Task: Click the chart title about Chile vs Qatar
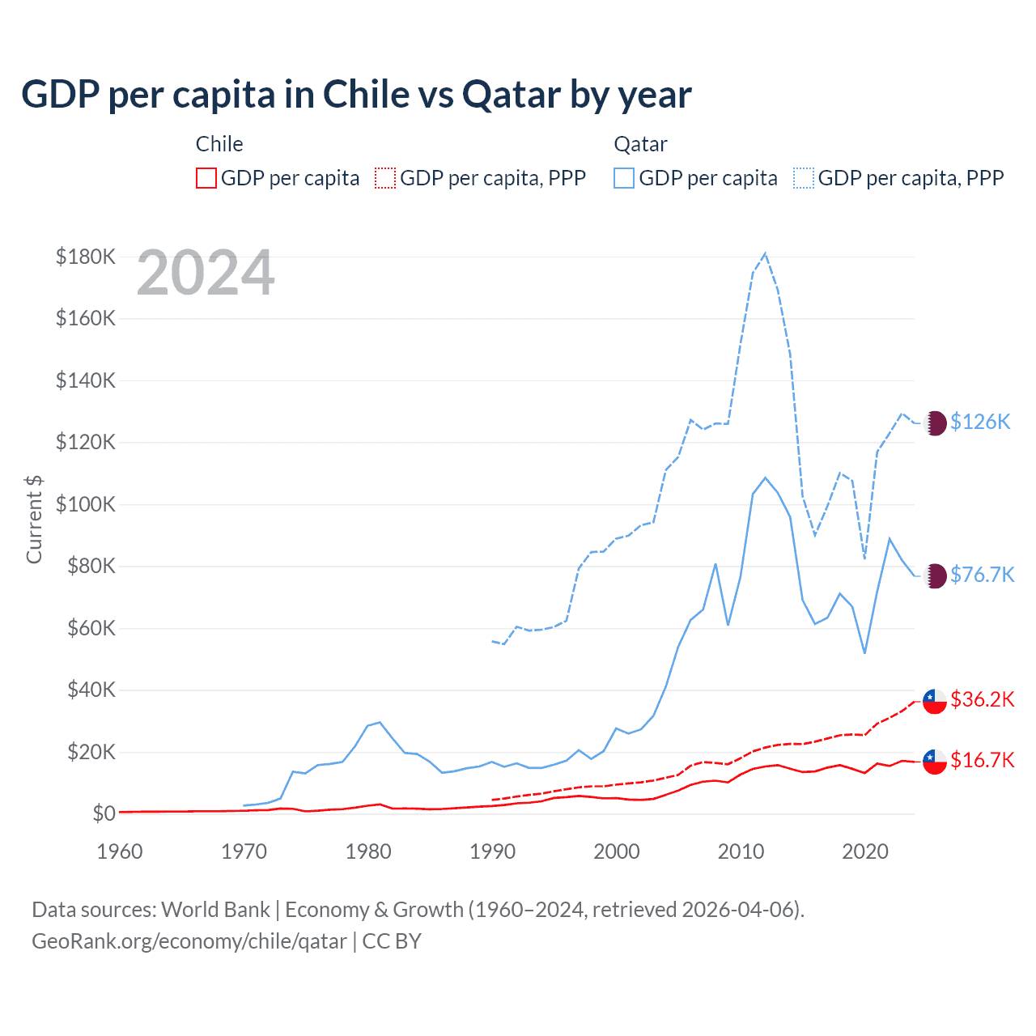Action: pos(356,95)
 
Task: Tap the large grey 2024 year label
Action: pos(206,274)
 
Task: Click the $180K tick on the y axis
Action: pos(86,257)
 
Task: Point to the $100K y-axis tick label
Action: pos(86,504)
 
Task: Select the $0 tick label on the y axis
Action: pos(104,813)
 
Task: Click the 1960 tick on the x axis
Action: pos(120,851)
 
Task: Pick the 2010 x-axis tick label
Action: pos(741,851)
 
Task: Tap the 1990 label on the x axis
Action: pos(492,851)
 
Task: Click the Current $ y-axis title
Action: pos(34,518)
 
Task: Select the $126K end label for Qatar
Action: pos(980,422)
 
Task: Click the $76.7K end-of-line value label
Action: pos(982,575)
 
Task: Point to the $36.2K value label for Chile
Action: pos(982,699)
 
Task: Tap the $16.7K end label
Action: pos(982,760)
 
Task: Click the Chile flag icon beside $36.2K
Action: pos(935,701)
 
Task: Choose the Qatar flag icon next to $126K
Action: pos(935,423)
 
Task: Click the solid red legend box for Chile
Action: pos(206,178)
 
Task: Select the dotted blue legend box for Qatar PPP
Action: pos(804,178)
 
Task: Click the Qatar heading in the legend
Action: pos(640,144)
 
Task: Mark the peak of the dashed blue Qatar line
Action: pos(765,254)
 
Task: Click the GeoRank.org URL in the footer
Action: pos(189,941)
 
